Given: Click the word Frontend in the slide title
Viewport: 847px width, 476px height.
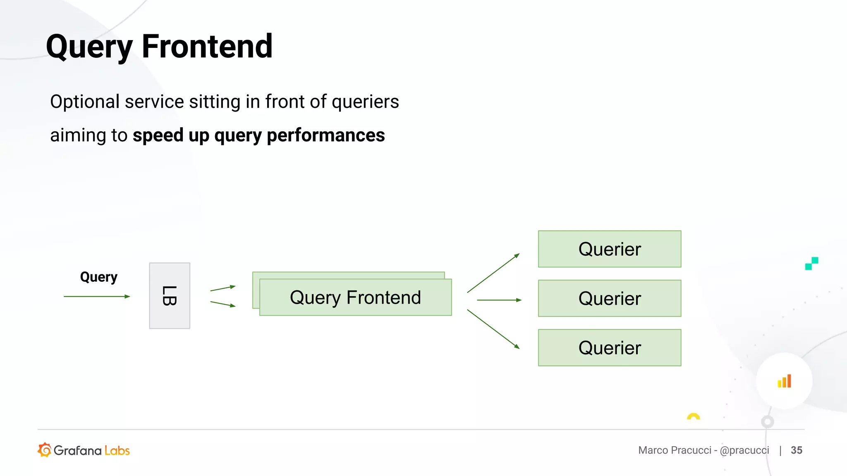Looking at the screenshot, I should [x=207, y=46].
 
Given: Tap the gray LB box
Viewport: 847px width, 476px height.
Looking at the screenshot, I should [x=170, y=296].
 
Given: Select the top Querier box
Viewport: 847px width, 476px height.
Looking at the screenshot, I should [x=609, y=249].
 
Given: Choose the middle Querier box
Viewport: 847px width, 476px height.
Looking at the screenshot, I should [x=609, y=298].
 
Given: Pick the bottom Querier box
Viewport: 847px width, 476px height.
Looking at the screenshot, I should [x=609, y=347].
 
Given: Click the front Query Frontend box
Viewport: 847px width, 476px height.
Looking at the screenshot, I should [x=355, y=297].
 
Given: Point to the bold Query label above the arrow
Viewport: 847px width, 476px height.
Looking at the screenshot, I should [x=98, y=277].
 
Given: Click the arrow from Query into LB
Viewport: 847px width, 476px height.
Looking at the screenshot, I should [x=97, y=296].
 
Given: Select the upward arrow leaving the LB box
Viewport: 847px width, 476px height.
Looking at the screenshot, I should [x=223, y=288].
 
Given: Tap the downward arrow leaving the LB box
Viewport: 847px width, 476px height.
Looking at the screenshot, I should [x=223, y=304].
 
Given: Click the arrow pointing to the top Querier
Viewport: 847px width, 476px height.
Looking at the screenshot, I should [x=493, y=273].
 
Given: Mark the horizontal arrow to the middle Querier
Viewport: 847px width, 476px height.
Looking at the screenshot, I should [x=499, y=300].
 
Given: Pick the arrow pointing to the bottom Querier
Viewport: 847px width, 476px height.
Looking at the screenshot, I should [x=493, y=329].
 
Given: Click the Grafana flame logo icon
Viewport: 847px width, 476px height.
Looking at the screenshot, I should [x=44, y=450].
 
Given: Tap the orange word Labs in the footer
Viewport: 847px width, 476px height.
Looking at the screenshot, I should [x=117, y=450].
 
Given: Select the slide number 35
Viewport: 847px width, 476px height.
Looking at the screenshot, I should [x=796, y=450].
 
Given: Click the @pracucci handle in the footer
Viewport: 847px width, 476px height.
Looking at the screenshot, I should [x=744, y=450].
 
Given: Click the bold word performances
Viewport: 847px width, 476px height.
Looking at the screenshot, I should [x=325, y=136].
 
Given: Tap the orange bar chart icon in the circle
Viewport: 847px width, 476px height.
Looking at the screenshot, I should [x=784, y=381].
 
